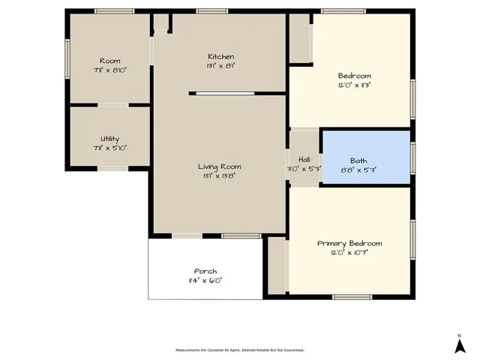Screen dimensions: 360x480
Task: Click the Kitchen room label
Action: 220,57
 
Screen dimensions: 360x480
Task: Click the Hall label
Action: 304,159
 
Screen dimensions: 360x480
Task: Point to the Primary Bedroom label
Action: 349,244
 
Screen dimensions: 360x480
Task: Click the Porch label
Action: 205,271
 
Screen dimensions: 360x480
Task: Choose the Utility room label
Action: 109,139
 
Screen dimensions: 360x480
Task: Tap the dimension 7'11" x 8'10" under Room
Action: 109,70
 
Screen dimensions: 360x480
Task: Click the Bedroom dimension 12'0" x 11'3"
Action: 355,85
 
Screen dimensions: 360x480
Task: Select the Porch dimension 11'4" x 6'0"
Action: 205,280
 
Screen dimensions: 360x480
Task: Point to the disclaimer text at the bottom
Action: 240,349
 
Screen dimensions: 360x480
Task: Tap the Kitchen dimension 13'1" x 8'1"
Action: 220,66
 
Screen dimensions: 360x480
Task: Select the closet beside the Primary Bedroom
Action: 277,265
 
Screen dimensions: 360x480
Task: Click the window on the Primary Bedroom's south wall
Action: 352,297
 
